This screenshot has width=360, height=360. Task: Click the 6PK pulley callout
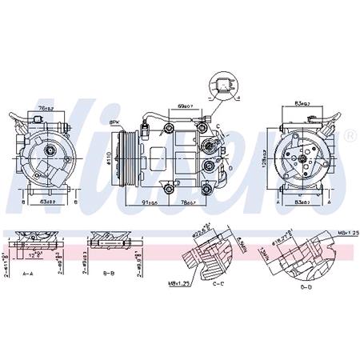pyautogui.click(x=114, y=122)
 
